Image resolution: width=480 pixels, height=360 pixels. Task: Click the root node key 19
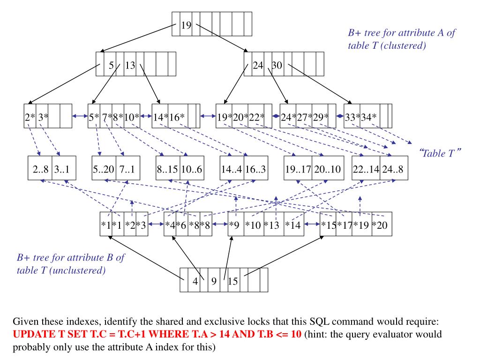click(186, 25)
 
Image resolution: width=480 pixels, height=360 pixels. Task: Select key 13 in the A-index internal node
click(130, 66)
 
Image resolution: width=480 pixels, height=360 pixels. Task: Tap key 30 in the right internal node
click(277, 66)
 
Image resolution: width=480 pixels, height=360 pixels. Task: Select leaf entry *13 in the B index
click(272, 225)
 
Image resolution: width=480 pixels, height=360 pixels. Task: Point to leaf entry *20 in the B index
click(380, 225)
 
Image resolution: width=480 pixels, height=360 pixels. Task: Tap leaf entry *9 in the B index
click(235, 225)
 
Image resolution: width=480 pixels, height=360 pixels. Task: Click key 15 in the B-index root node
click(233, 281)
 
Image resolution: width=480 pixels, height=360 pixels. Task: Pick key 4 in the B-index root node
click(195, 281)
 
